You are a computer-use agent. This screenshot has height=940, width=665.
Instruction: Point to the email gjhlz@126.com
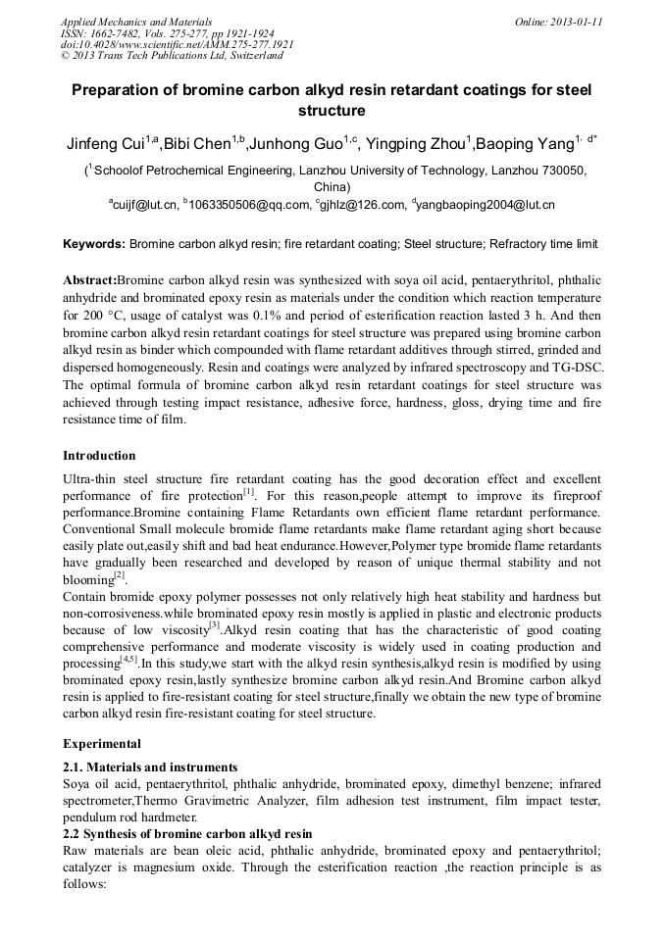point(362,205)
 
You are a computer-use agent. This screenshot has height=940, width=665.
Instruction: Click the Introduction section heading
point(99,456)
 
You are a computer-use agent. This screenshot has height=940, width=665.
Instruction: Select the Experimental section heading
point(101,743)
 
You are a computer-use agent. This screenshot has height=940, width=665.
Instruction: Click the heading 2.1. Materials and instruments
point(149,767)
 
